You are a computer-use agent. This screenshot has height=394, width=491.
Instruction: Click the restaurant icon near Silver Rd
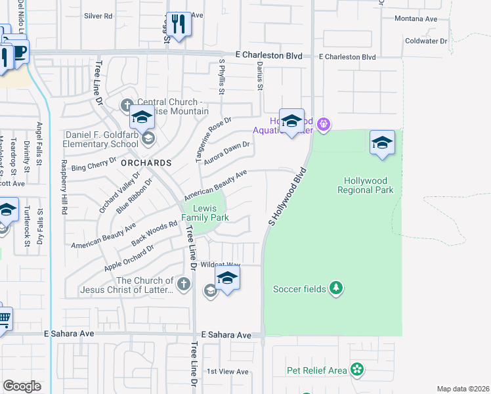[178, 25]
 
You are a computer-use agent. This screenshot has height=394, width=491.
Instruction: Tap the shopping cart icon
[3, 320]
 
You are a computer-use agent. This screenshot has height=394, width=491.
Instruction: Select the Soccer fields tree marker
[336, 288]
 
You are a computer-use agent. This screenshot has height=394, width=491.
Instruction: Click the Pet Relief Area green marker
[356, 370]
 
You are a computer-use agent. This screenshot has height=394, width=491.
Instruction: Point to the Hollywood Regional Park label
[365, 185]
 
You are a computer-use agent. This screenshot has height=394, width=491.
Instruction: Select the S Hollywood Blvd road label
[288, 198]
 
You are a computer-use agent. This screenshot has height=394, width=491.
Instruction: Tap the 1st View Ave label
[227, 372]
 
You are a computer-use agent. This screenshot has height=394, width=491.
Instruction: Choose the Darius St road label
[260, 77]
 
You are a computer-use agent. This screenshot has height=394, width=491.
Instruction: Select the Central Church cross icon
[127, 105]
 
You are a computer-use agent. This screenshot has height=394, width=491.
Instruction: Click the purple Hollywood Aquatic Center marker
[322, 123]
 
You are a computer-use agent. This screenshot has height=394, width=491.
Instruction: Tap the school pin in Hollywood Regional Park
[382, 143]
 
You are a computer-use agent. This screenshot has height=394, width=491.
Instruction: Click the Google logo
[22, 386]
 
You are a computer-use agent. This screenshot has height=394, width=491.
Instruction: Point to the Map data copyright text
[462, 389]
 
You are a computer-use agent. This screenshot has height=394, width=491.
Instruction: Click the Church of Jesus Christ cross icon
[184, 284]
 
